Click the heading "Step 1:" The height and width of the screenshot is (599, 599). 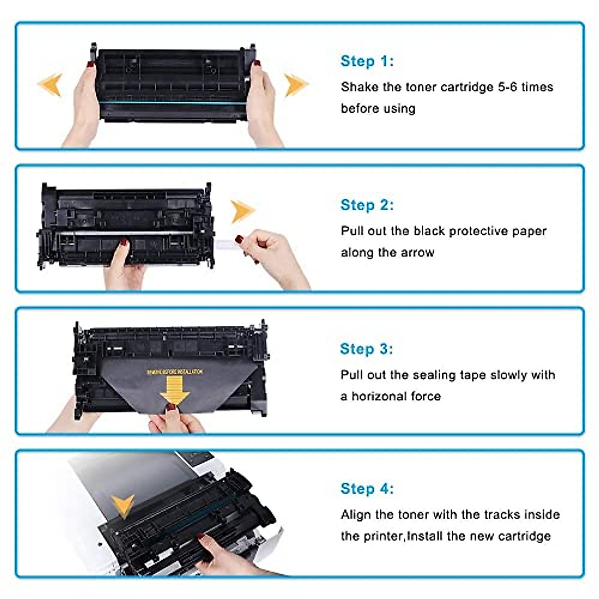367,61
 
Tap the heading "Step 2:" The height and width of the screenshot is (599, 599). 367,205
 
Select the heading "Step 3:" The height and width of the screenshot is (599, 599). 366,349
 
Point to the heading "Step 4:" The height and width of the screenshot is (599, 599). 367,489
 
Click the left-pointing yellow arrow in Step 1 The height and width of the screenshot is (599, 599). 50,84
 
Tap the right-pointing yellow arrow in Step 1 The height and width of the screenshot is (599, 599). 296,84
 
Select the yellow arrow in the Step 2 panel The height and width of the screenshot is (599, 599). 243,211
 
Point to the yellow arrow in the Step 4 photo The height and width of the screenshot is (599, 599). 122,506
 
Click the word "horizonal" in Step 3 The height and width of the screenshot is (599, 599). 379,396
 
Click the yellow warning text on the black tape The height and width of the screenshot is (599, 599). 175,372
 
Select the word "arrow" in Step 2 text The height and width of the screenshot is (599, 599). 417,253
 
